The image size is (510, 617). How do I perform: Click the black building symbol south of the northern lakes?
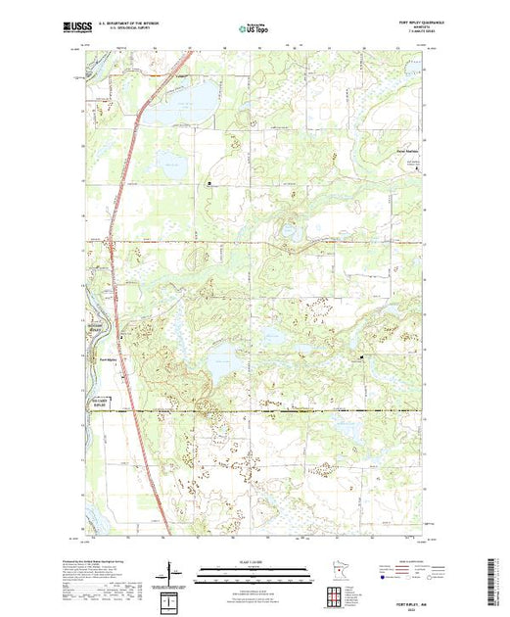click(207, 182)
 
